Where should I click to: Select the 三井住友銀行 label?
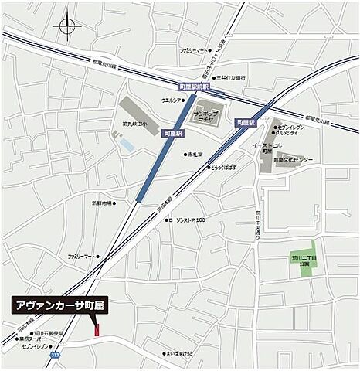[230, 78]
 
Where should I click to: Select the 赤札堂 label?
[192, 154]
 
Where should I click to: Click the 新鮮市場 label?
[101, 203]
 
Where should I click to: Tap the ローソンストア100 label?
[188, 220]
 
